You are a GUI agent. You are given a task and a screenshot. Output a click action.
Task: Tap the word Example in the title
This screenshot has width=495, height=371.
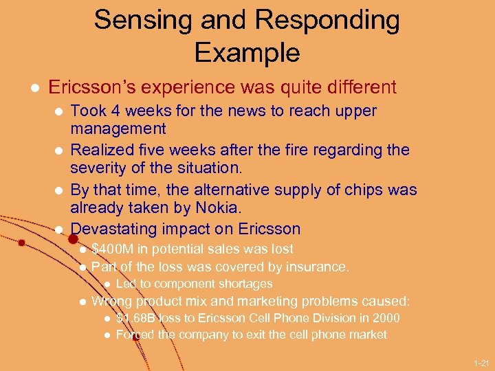(x=247, y=52)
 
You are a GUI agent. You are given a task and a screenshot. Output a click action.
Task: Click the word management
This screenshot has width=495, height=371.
(x=118, y=128)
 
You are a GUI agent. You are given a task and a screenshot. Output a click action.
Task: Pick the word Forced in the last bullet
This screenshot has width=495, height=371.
(x=135, y=335)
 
